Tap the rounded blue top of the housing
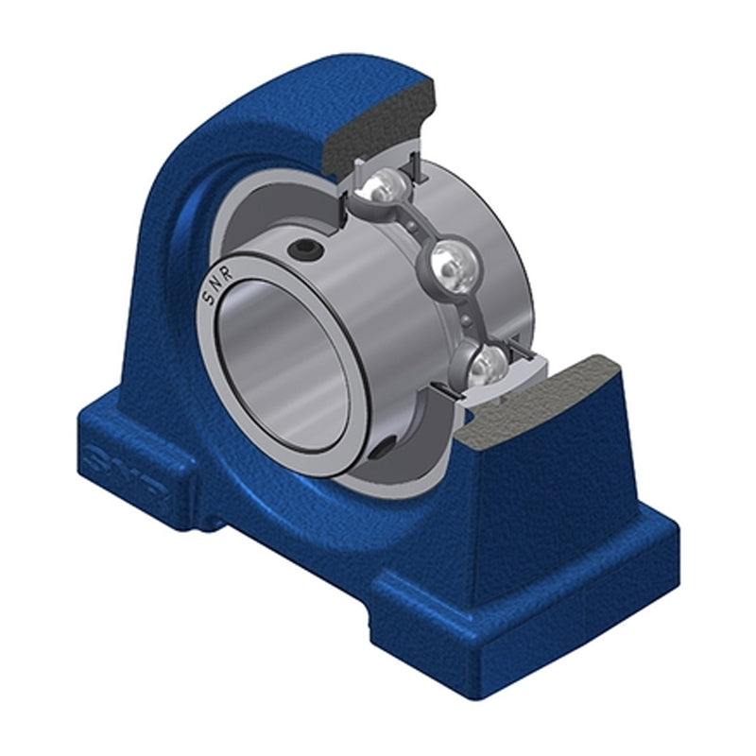(x=283, y=90)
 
